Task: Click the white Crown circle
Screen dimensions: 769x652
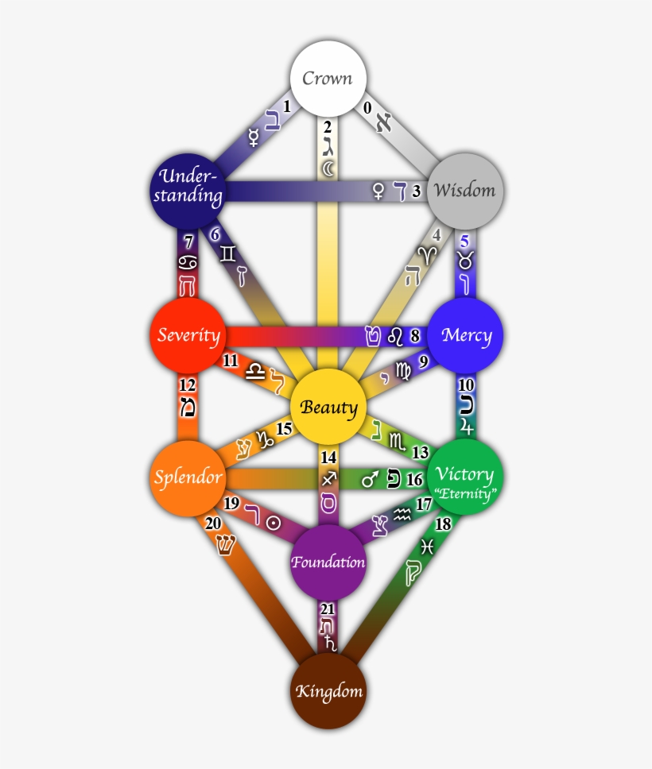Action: [x=327, y=79]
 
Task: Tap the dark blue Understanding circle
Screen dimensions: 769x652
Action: [x=188, y=189]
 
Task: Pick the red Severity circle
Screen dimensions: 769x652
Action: [x=188, y=334]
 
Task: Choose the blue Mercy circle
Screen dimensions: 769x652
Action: [x=465, y=334]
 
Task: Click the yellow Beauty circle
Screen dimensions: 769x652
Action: [x=328, y=408]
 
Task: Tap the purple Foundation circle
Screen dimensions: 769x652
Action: [x=328, y=562]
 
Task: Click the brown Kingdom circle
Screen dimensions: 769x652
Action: [x=328, y=690]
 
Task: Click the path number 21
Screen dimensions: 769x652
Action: [x=328, y=609]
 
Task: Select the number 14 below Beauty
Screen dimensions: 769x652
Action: [x=328, y=458]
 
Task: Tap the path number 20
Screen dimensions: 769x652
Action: [x=213, y=523]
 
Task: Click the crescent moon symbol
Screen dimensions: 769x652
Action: [x=328, y=168]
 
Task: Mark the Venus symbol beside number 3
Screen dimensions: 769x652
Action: [x=378, y=191]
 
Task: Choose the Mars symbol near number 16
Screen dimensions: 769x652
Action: [x=370, y=479]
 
